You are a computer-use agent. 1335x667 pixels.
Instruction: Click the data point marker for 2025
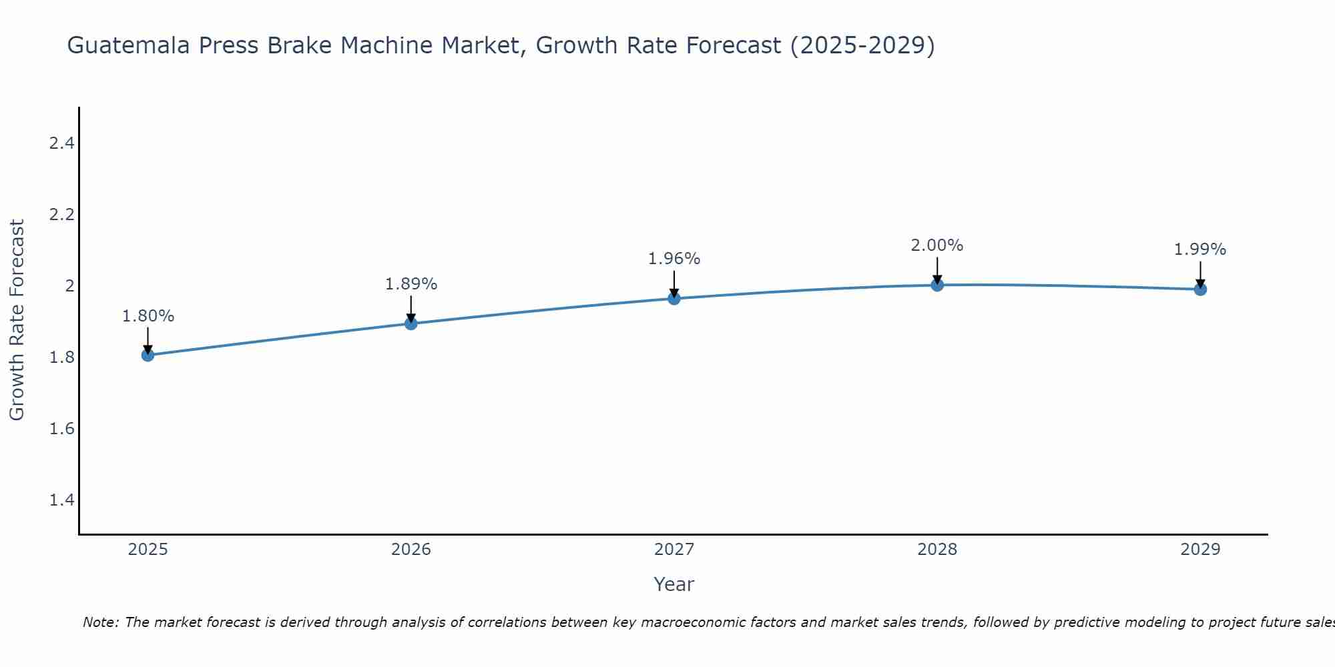pos(148,355)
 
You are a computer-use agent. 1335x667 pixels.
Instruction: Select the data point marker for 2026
pos(411,323)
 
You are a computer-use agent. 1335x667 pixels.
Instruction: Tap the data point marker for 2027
pos(674,298)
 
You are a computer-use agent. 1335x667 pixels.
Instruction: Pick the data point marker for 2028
pos(937,285)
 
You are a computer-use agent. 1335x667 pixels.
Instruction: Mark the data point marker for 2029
pos(1200,289)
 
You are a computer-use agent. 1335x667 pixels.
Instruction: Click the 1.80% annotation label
pos(148,316)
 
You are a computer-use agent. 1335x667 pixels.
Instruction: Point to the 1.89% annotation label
pos(411,284)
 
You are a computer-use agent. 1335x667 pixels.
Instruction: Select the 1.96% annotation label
pos(674,259)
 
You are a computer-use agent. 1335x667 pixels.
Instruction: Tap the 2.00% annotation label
pos(937,245)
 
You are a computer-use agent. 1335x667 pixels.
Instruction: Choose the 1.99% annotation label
pos(1200,249)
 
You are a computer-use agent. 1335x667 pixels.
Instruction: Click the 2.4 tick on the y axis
pos(61,143)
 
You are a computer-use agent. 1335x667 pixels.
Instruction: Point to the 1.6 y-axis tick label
pos(61,429)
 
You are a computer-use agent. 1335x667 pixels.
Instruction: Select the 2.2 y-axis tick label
pos(61,215)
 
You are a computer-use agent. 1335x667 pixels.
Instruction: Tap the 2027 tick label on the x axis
pos(674,550)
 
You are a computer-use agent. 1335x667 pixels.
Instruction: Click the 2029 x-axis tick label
pos(1200,550)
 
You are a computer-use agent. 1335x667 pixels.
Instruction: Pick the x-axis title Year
pos(674,584)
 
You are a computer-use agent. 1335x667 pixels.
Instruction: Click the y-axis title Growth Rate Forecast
pos(17,320)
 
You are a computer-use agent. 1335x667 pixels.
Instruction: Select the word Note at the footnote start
pos(100,622)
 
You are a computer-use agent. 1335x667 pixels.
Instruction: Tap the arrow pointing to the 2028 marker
pos(937,269)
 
